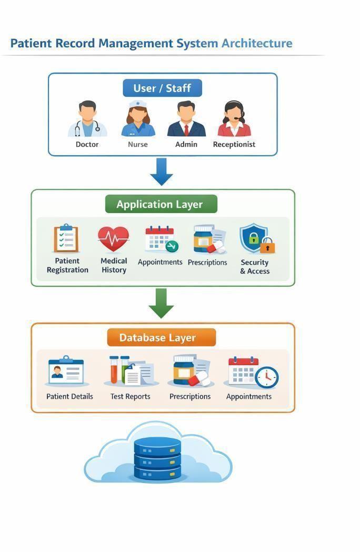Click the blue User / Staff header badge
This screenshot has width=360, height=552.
pos(163,88)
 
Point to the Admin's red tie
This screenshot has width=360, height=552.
pos(186,130)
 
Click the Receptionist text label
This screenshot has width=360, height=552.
pos(234,144)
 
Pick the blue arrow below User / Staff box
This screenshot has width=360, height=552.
pos(162,172)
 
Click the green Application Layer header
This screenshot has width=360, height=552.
pos(161,204)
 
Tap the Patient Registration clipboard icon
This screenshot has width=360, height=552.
pos(66,238)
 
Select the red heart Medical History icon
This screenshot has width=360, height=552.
pos(114,239)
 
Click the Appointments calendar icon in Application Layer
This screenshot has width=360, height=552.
pos(162,239)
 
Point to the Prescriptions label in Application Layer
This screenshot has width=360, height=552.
pos(207,263)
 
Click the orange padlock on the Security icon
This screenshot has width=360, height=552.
pos(268,246)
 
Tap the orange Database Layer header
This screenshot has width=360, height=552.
pos(162,338)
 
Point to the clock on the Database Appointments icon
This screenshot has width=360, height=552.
pos(267,377)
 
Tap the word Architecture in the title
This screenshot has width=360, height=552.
pos(257,43)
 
